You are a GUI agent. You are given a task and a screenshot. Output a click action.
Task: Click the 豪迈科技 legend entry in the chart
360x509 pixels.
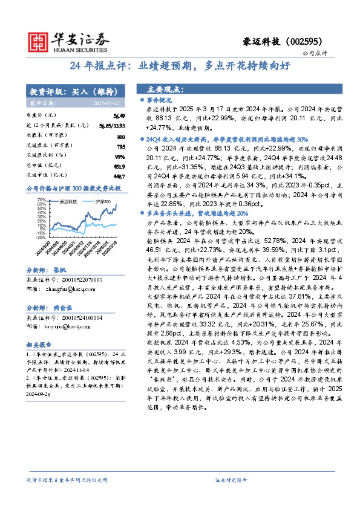click(67, 200)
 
